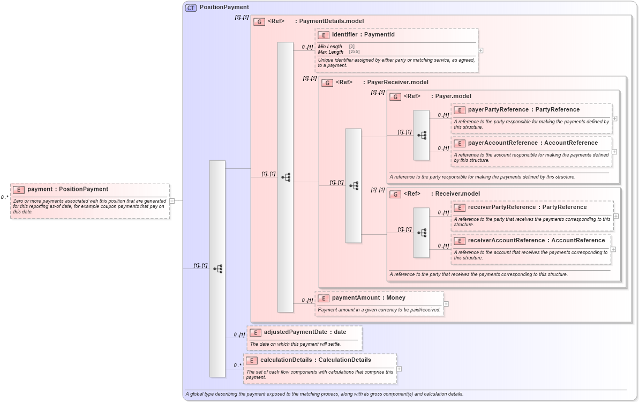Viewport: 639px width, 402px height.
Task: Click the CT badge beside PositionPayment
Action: [x=191, y=8]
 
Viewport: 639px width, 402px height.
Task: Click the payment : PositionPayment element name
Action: [x=67, y=189]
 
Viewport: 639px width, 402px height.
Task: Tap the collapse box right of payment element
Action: [x=172, y=201]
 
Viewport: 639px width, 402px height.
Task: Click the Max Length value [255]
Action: [x=355, y=52]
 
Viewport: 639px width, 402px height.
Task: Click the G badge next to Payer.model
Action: [x=395, y=96]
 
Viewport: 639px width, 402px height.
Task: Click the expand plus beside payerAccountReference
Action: [x=614, y=152]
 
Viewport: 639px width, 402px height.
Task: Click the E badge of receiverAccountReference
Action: [x=460, y=241]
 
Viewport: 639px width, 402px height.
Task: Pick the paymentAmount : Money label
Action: [x=369, y=298]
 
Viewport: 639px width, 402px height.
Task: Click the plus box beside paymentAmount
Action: [x=446, y=304]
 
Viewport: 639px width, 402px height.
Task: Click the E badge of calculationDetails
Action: [x=252, y=360]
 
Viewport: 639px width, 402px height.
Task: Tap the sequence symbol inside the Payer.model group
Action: [x=422, y=136]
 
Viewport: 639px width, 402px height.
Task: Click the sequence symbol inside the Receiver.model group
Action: [x=422, y=233]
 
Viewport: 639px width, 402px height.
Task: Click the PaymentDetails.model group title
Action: [x=331, y=21]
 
